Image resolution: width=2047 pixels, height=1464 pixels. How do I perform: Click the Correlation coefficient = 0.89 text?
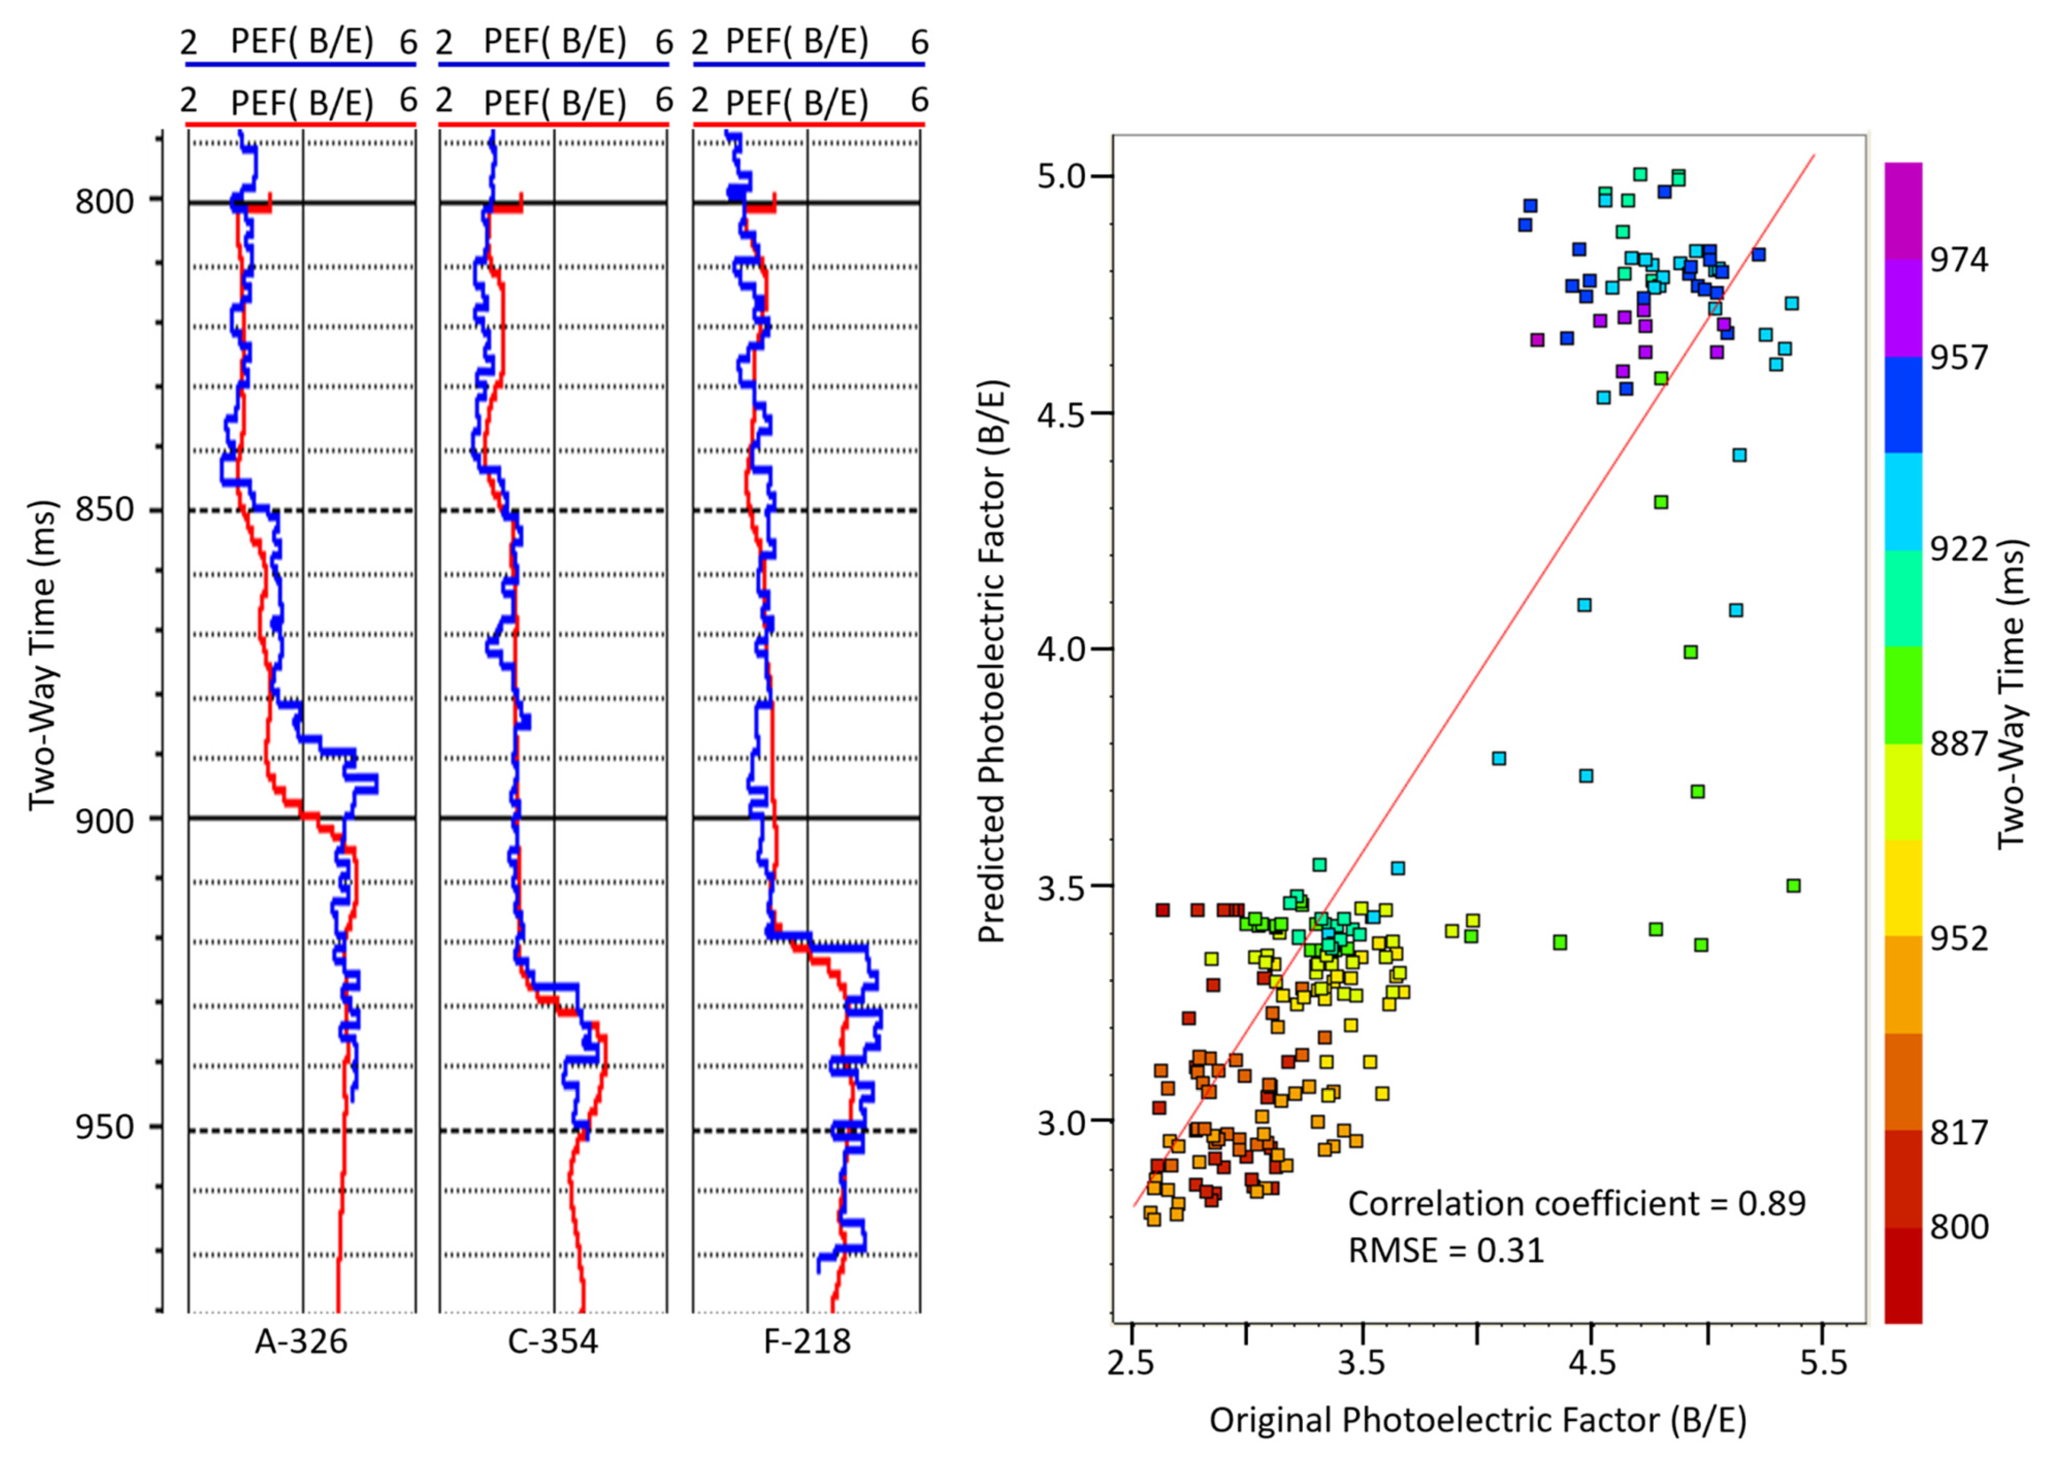1577,1203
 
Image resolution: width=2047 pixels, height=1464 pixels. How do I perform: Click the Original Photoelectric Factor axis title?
1478,1420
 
